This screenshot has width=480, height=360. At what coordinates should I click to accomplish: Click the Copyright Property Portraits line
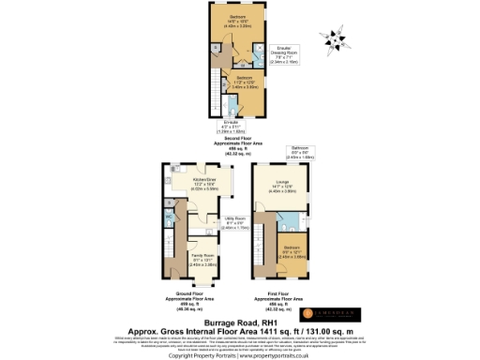pos(239,354)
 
